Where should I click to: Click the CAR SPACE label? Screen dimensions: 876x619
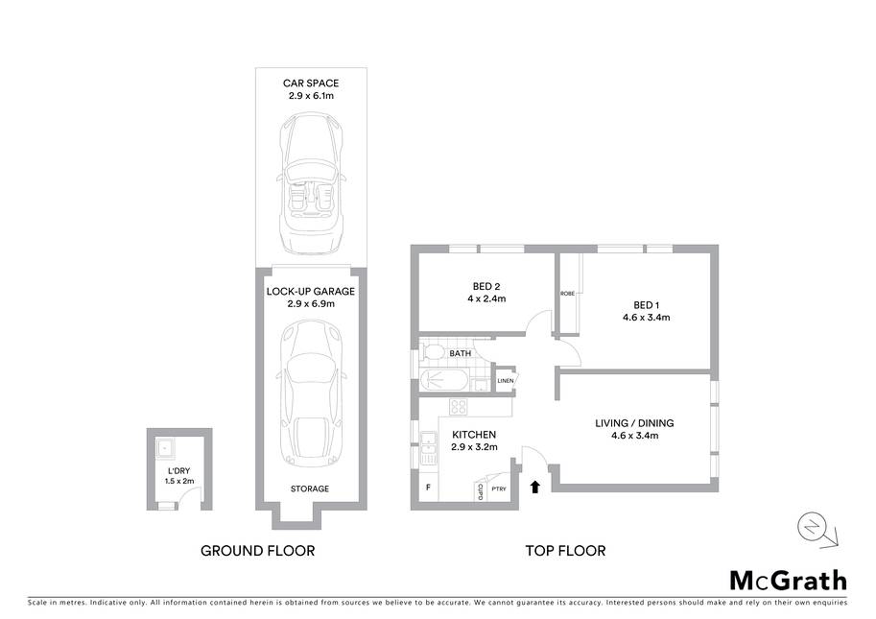[x=311, y=83]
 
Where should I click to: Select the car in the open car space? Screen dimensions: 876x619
[x=311, y=182]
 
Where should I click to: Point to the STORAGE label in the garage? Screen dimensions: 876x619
[x=310, y=488]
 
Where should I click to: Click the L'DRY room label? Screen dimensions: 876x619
[x=178, y=471]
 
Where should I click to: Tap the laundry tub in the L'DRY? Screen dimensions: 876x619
[x=165, y=447]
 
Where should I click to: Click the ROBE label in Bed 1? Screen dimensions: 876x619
[x=567, y=294]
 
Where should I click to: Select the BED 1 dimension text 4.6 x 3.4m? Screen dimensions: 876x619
[x=647, y=318]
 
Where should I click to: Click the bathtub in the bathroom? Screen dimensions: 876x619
[x=443, y=381]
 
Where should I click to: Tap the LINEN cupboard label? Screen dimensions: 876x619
[x=505, y=381]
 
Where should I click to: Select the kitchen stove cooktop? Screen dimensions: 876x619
[x=458, y=407]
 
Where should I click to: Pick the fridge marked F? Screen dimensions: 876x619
[x=429, y=488]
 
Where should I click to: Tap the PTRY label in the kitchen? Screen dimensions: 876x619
[x=499, y=488]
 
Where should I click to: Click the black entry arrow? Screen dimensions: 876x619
[x=535, y=487]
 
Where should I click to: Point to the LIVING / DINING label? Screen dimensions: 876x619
[x=634, y=423]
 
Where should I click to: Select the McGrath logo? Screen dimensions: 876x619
[x=789, y=581]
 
